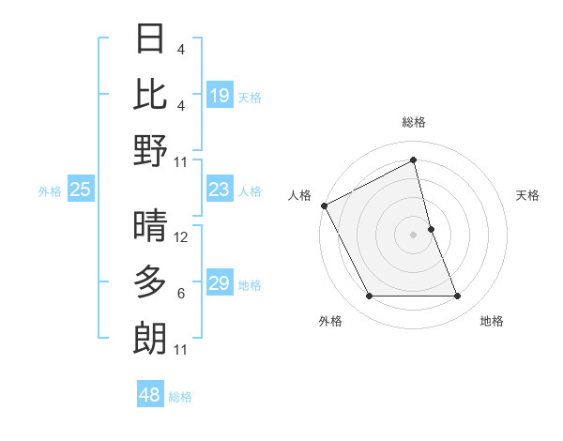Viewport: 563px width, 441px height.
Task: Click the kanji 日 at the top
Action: tap(151, 39)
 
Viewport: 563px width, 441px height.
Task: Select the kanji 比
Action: tap(151, 95)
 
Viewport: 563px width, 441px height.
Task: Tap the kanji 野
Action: tap(151, 150)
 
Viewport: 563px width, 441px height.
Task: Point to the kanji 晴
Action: tap(151, 226)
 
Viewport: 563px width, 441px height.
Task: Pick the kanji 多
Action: tap(151, 281)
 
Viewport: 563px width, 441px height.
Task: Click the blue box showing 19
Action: tap(220, 96)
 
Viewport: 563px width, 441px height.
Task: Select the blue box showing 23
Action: tap(220, 190)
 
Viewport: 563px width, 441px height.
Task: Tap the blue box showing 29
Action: tap(220, 284)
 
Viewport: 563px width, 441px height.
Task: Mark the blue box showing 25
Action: tap(81, 190)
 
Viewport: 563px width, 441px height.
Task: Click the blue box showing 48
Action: tap(150, 396)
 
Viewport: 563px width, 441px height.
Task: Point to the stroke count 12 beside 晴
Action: tap(182, 238)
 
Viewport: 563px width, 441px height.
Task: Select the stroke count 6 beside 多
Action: tap(181, 294)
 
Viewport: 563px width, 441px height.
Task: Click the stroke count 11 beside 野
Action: tap(182, 162)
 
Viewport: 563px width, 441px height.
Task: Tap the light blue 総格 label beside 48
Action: tap(180, 397)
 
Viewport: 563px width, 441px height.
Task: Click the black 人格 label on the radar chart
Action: tap(299, 195)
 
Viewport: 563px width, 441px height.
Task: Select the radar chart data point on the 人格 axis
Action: tap(325, 205)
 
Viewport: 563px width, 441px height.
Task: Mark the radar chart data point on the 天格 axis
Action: tap(431, 229)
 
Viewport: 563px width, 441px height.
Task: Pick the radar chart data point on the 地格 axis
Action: tap(458, 297)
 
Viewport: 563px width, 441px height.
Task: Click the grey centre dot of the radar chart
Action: tap(414, 235)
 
